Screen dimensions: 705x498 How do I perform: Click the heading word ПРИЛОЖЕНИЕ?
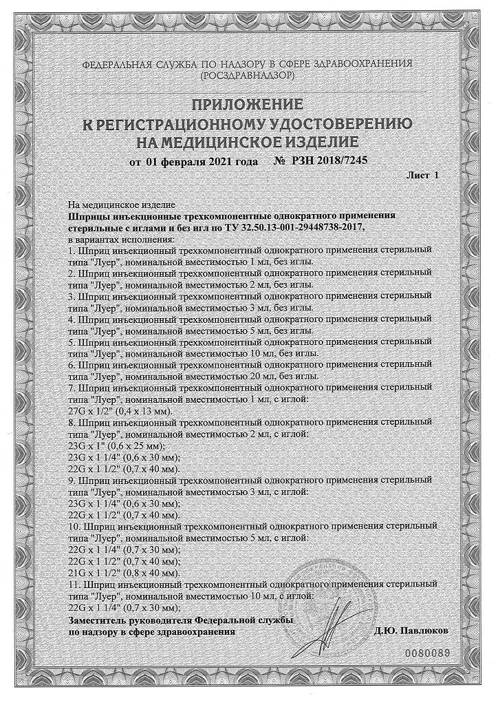coord(246,105)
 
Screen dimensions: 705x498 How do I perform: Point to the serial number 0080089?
coord(428,651)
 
